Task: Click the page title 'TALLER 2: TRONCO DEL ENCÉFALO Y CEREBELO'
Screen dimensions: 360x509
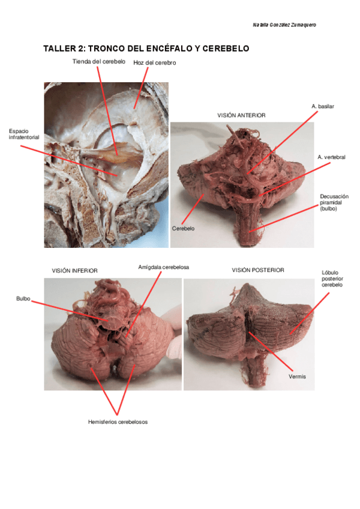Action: (146, 49)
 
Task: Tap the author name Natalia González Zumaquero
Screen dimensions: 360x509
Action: (284, 25)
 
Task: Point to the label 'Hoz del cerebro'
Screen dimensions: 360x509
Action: (154, 62)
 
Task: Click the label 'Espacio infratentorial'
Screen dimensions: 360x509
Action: (23, 134)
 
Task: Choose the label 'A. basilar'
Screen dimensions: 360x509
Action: (323, 106)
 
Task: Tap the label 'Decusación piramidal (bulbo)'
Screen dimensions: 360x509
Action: (334, 202)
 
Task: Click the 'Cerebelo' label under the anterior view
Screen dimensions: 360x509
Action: (184, 229)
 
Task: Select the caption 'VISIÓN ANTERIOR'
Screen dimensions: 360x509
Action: (241, 115)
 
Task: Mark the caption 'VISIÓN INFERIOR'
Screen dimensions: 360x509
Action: (74, 271)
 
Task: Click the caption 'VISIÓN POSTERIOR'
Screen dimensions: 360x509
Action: (258, 270)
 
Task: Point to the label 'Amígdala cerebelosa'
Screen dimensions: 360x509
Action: (164, 267)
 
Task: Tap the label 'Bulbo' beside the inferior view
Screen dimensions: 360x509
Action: (23, 298)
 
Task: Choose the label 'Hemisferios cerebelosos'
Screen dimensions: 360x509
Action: (118, 422)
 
